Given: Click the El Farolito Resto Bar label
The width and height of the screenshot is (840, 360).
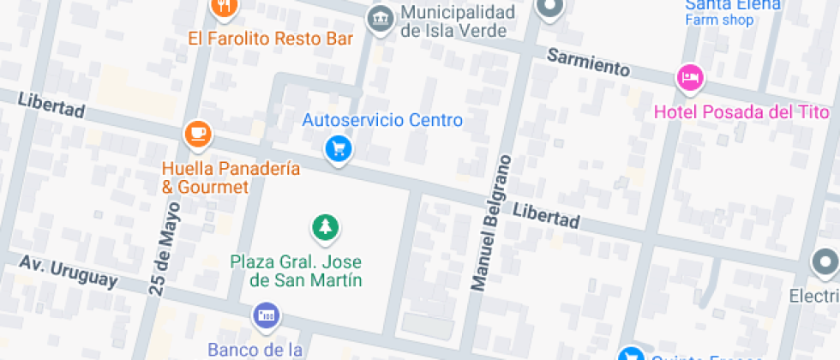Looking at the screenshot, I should [x=271, y=39].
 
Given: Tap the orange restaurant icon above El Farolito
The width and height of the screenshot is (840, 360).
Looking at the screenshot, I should [x=223, y=7].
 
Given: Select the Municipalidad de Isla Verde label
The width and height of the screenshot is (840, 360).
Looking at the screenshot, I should [x=458, y=21].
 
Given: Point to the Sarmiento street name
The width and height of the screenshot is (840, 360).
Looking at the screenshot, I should [x=588, y=63].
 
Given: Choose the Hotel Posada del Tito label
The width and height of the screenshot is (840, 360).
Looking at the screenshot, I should [x=741, y=112].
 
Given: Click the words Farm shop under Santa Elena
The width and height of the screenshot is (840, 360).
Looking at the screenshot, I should [x=718, y=20].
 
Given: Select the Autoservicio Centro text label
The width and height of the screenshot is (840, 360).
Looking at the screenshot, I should [x=382, y=120].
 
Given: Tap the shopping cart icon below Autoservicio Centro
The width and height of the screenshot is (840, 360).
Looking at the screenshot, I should [x=339, y=150].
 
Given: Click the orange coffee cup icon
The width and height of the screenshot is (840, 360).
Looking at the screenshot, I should [x=197, y=134].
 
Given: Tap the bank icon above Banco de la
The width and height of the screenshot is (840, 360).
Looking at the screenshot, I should [x=266, y=316].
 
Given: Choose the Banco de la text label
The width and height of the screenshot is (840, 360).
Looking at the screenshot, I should [x=255, y=349].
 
